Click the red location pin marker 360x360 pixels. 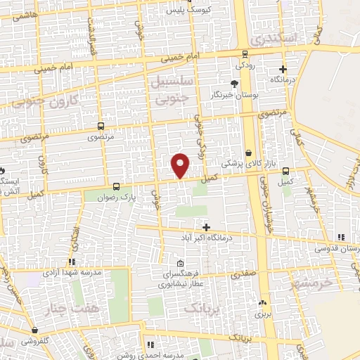(x=181, y=165)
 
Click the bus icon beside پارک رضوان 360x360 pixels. (x=116, y=187)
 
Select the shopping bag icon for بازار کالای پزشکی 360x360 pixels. (x=249, y=153)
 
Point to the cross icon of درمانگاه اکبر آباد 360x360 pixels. (x=206, y=227)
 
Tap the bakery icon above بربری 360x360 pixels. (x=262, y=303)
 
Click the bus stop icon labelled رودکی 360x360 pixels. (x=243, y=53)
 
